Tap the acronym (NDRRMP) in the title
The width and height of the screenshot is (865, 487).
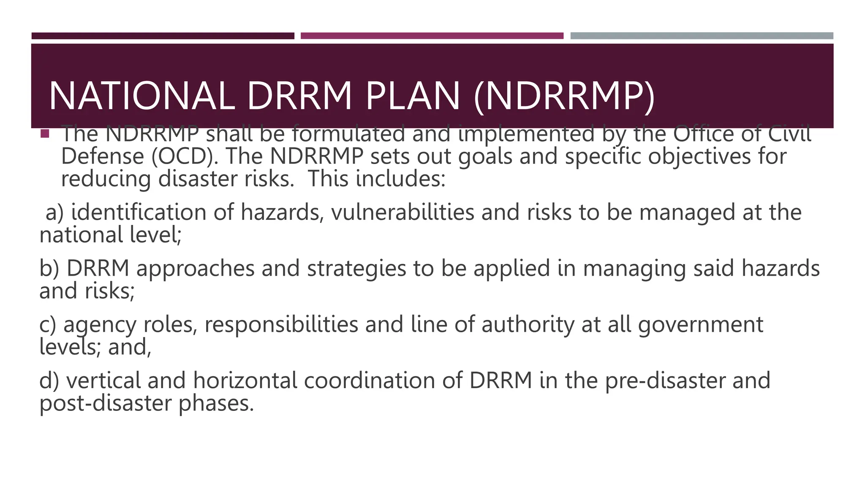[564, 97]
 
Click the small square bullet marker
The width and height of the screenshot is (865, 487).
[45, 134]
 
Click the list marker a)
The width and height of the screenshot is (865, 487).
[54, 212]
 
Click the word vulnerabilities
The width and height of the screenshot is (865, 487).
[403, 212]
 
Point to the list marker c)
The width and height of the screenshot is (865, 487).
[48, 325]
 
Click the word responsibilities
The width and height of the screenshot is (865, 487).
[281, 326]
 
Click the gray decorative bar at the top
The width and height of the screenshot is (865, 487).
[702, 36]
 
